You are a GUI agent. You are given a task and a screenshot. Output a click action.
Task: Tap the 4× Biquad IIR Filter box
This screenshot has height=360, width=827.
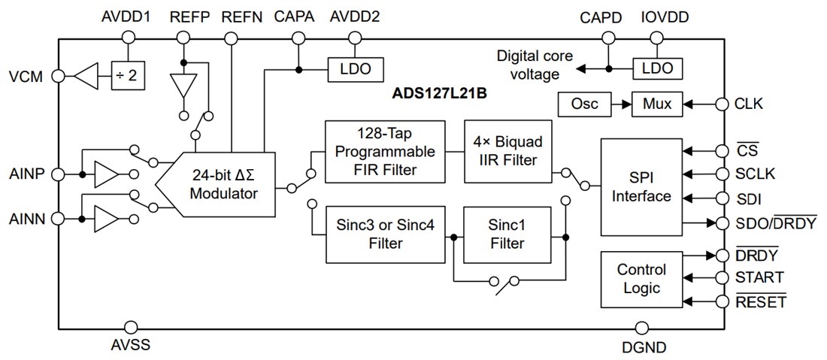(x=507, y=151)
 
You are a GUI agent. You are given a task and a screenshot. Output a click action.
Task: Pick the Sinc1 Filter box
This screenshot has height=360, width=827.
(x=507, y=234)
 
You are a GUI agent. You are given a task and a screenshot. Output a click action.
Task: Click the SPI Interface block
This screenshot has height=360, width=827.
(x=641, y=186)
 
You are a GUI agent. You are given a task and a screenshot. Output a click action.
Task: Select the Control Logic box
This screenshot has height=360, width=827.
(x=641, y=278)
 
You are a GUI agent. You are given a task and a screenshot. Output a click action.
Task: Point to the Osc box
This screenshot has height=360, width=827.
(x=585, y=104)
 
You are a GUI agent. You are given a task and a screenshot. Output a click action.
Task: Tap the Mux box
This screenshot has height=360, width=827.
(x=658, y=104)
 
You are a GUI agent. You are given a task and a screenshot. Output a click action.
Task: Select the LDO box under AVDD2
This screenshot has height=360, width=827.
(x=350, y=69)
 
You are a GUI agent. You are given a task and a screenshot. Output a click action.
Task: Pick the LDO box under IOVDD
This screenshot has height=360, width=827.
(x=657, y=68)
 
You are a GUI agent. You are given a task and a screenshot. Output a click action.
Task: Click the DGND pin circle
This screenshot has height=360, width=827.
(x=641, y=328)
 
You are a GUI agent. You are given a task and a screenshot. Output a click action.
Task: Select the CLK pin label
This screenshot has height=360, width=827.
(x=749, y=104)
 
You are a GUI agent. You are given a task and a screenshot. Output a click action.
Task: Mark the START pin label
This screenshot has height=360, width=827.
(x=759, y=277)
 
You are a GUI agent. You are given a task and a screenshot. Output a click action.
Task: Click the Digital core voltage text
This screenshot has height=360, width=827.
(x=534, y=65)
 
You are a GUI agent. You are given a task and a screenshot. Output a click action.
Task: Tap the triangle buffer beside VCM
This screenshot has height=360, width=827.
(x=88, y=76)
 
